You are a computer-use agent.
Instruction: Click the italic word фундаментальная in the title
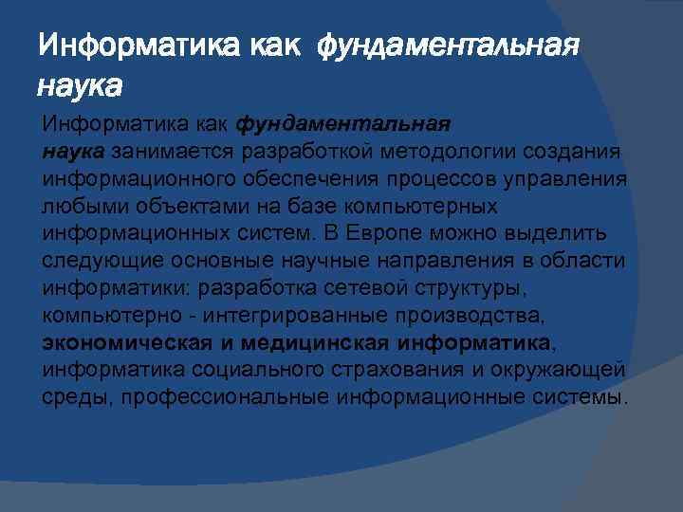point(447,45)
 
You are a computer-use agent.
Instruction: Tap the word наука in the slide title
point(81,87)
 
